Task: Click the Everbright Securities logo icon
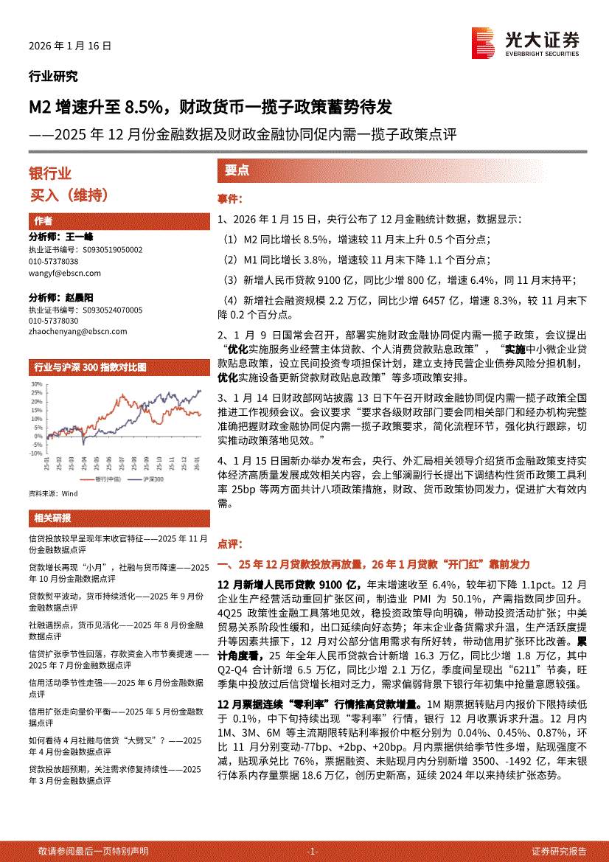tap(483, 43)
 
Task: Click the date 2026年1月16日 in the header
tap(70, 46)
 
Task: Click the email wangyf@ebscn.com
tap(65, 273)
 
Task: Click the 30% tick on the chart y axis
tap(35, 384)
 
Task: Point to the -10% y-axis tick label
tap(35, 454)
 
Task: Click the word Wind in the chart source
tap(69, 493)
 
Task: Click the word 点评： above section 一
tap(230, 543)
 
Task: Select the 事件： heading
tap(230, 199)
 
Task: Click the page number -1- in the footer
tap(312, 851)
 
